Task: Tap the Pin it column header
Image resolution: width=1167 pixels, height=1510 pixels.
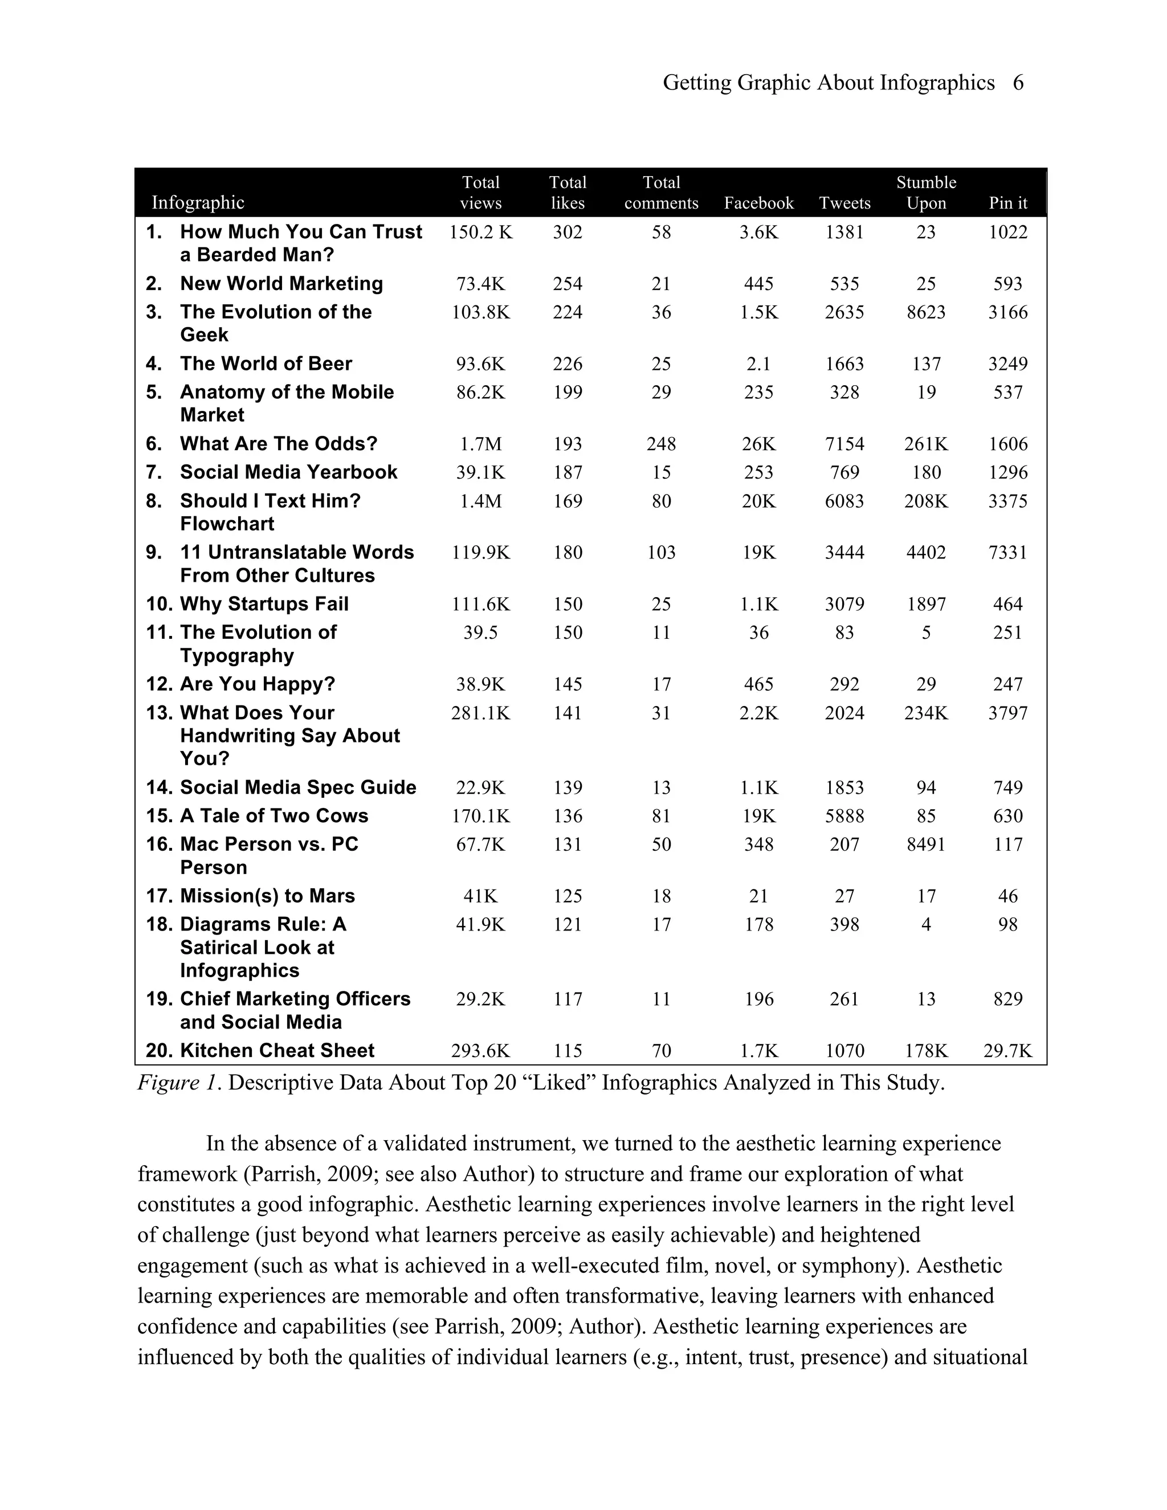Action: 1007,203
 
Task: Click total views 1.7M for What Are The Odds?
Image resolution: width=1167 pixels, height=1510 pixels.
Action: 480,444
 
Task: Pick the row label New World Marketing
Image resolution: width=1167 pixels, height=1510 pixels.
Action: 281,283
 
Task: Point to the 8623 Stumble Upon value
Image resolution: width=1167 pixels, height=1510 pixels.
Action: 926,312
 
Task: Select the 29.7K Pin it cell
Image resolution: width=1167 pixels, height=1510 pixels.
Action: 1007,1051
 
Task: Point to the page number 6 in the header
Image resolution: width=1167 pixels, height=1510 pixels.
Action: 1018,83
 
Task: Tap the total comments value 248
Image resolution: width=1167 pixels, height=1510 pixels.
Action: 661,444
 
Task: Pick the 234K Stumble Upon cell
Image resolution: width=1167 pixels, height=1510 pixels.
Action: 926,713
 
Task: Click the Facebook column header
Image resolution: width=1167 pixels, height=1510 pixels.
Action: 758,203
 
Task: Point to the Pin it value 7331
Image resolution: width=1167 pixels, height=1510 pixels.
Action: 1007,552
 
